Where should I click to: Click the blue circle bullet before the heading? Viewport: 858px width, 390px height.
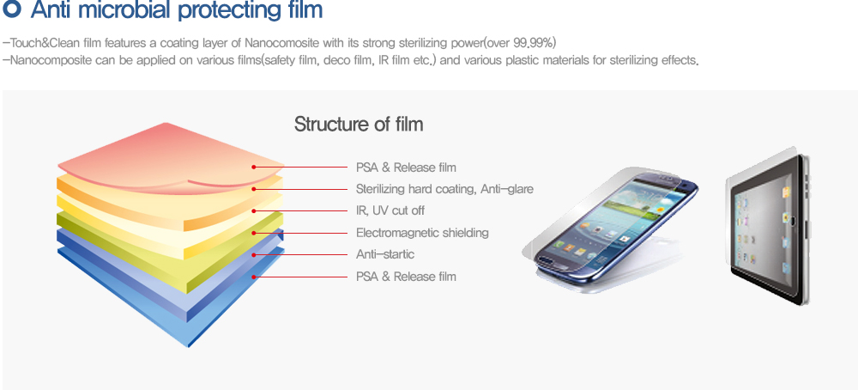[x=12, y=9]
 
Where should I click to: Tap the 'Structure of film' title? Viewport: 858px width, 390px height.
[x=359, y=124]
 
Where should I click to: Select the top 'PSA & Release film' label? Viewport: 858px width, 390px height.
[x=406, y=167]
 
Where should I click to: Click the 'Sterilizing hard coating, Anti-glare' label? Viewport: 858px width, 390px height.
[x=444, y=189]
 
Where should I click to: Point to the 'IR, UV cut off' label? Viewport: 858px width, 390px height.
[x=390, y=210]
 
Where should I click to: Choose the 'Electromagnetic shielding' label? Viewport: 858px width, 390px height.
[x=422, y=233]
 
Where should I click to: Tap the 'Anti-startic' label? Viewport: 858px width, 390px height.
[x=385, y=254]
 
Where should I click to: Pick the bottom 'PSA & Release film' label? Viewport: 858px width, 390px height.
[x=406, y=277]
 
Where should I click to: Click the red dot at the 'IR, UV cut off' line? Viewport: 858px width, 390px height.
[x=254, y=210]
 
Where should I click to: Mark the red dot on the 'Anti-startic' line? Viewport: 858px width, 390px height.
[x=254, y=255]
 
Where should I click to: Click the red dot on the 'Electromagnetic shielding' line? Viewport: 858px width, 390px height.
[x=254, y=233]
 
